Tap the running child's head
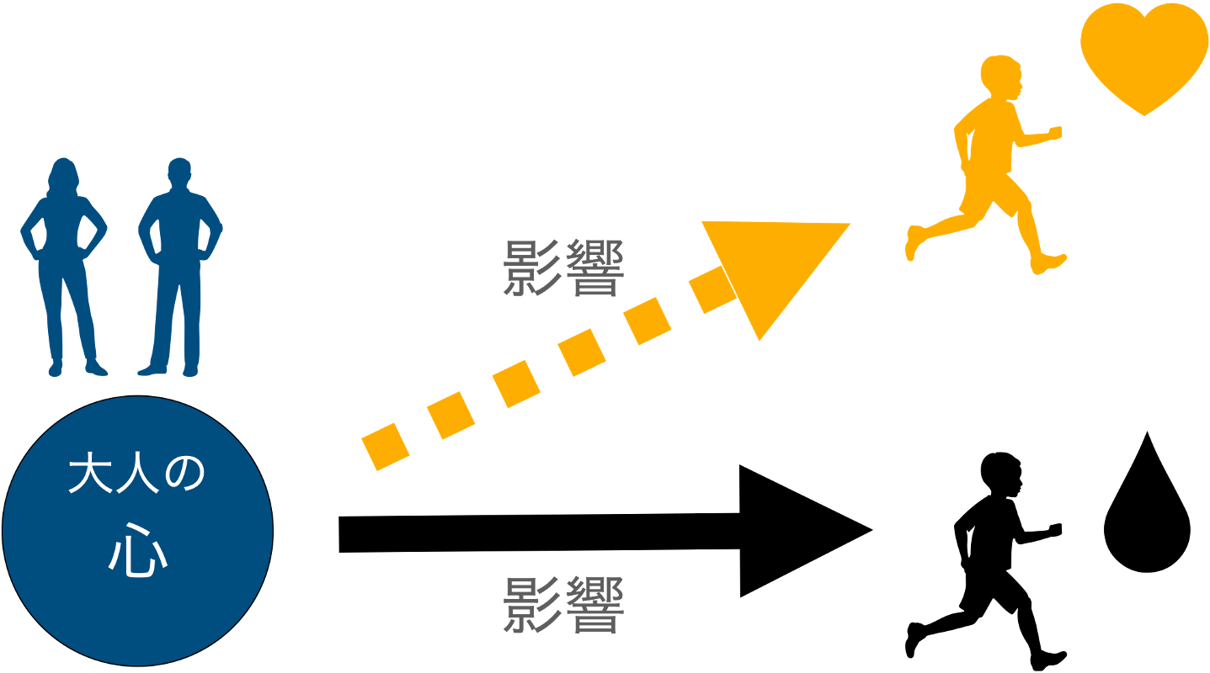tap(1001, 77)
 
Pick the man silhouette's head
tap(179, 173)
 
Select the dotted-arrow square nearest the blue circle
tap(385, 447)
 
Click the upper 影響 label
tap(563, 268)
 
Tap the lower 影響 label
tap(563, 605)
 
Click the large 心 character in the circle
tap(137, 552)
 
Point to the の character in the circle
tap(184, 475)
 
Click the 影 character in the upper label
tap(532, 268)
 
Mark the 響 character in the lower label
tap(594, 605)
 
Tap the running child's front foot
tap(1049, 263)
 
